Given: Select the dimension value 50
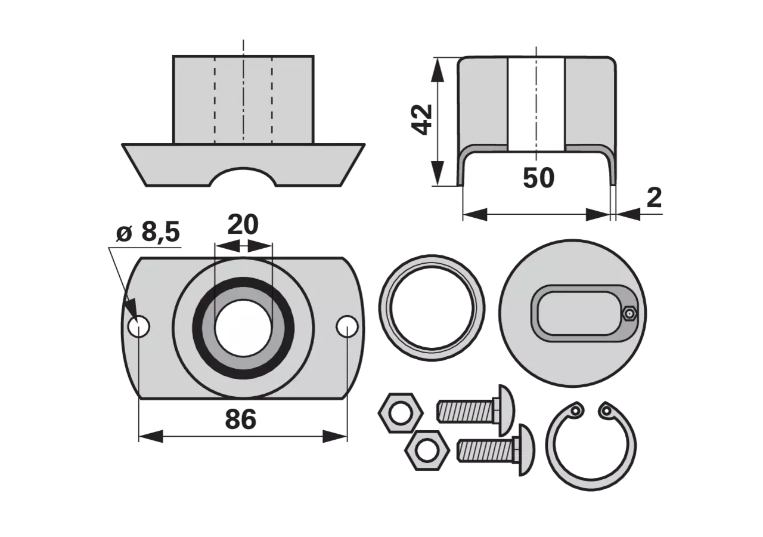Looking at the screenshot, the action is pyautogui.click(x=538, y=178).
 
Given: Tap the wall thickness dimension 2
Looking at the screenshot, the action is pyautogui.click(x=654, y=197).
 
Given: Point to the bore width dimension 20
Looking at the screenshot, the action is pyautogui.click(x=243, y=225).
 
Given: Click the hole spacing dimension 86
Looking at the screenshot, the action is pyautogui.click(x=240, y=419).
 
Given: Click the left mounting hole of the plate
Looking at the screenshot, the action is pyautogui.click(x=139, y=326).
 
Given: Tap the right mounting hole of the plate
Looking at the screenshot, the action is pyautogui.click(x=347, y=326).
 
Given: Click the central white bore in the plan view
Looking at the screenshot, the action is pyautogui.click(x=243, y=328).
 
